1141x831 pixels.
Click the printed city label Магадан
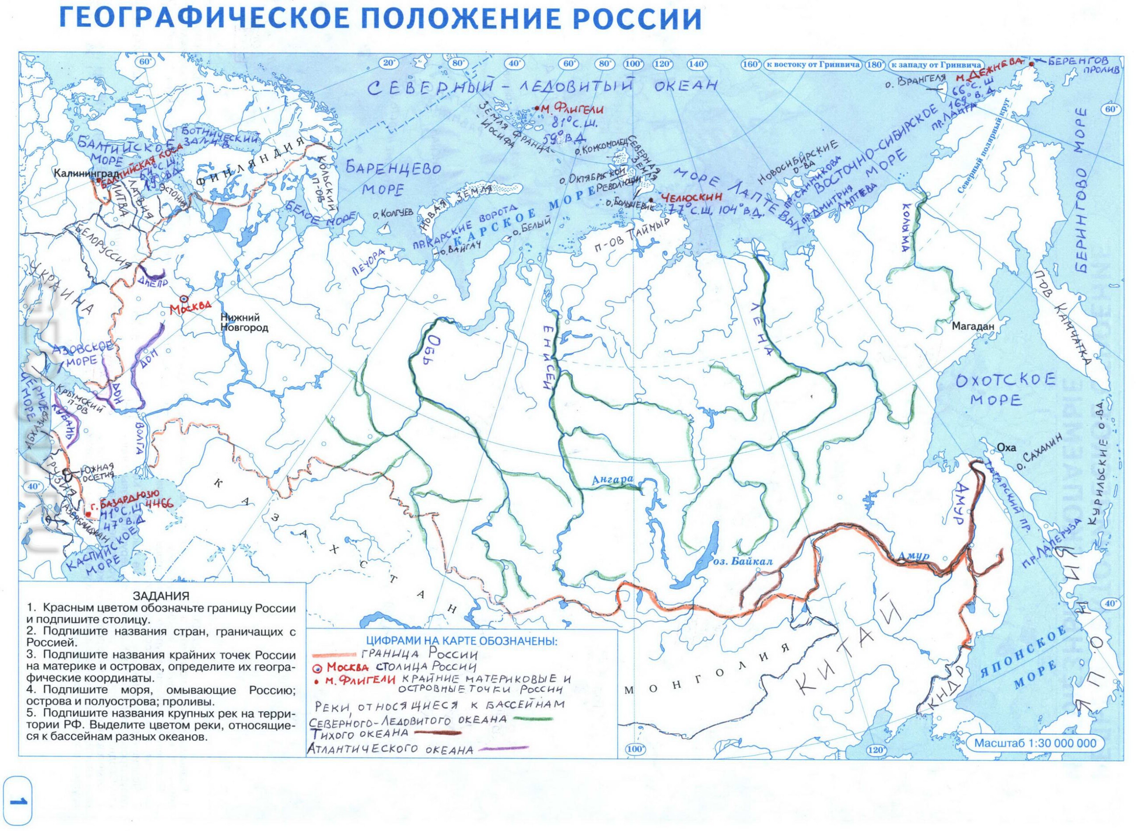973,327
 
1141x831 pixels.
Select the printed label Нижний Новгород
245,323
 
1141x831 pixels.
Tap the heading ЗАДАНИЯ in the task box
161,596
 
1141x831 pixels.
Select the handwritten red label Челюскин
692,197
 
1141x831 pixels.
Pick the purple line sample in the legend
503,749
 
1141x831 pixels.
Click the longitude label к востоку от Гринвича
813,65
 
